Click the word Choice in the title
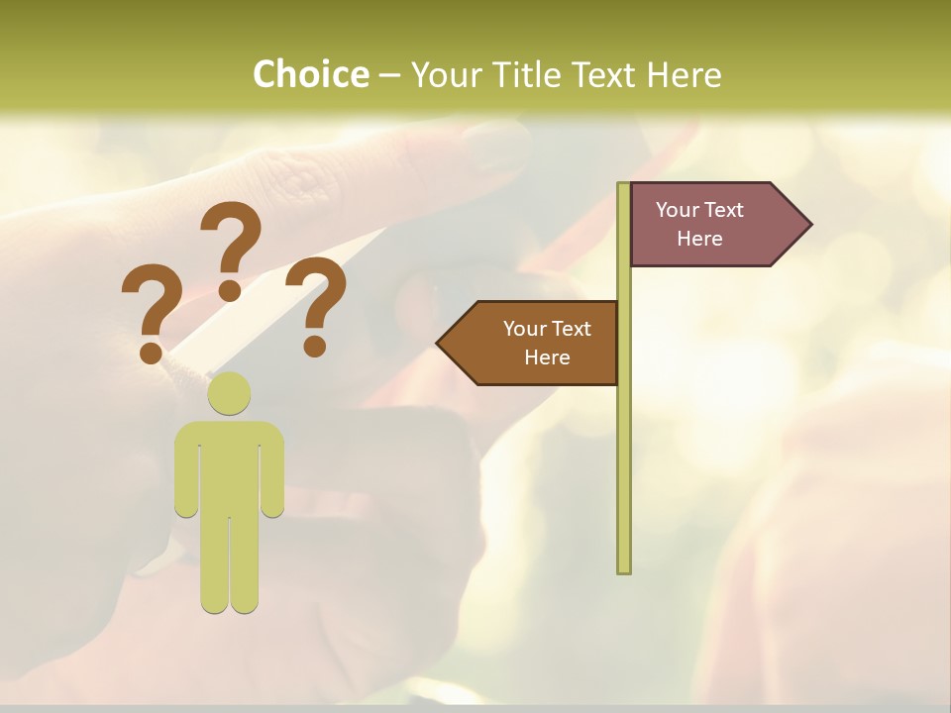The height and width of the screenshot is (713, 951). tap(310, 74)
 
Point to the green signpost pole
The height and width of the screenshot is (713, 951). tap(623, 446)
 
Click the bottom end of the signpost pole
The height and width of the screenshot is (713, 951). tap(623, 568)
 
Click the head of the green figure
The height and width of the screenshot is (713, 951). tap(229, 393)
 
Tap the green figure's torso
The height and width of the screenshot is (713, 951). tap(229, 465)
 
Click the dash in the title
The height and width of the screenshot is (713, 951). tap(389, 75)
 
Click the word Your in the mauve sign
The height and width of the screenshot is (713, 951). tap(678, 210)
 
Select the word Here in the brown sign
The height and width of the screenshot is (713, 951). tap(547, 357)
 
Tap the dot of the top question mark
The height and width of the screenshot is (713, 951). tap(230, 289)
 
